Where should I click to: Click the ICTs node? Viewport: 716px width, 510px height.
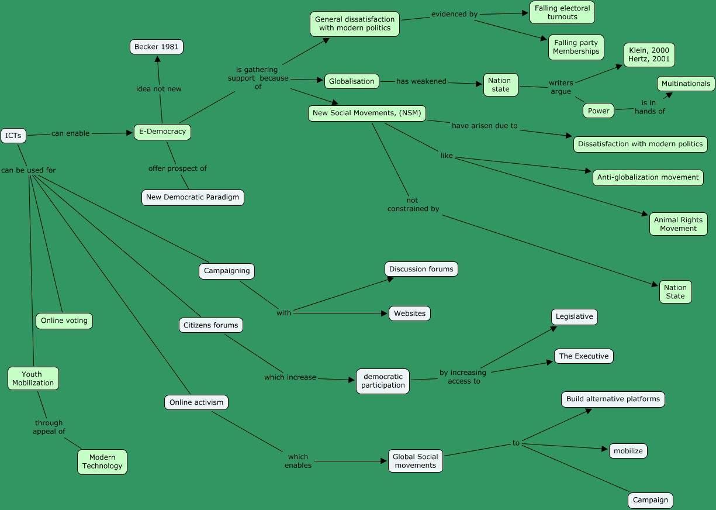coord(13,136)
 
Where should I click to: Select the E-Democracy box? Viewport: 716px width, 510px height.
coord(162,132)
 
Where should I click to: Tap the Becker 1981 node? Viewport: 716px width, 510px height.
coord(156,47)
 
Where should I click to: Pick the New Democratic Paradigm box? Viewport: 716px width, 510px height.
coord(192,197)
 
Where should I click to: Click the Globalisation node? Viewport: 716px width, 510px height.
coord(351,81)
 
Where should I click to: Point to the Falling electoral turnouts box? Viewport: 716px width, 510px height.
coord(562,12)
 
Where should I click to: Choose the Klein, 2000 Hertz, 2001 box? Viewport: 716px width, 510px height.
coord(649,55)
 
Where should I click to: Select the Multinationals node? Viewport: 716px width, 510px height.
coord(686,84)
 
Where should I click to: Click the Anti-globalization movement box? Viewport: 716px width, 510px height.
coord(648,177)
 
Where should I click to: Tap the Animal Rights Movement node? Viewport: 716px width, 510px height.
coord(678,224)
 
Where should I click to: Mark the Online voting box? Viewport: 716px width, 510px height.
coord(64,321)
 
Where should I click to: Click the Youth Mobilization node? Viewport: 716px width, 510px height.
coord(33,378)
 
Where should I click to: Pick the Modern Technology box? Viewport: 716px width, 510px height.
coord(102,461)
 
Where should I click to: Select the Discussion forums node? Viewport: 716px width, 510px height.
coord(421,269)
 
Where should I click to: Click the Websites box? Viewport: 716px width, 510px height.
coord(409,313)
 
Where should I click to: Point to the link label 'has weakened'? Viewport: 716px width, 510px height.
coord(421,81)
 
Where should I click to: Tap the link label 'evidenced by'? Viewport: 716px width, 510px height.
coord(454,14)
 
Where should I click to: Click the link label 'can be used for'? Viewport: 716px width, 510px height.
coord(29,170)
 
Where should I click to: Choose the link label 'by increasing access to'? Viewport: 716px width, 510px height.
coord(464,377)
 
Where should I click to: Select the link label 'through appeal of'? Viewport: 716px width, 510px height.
coord(49,427)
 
